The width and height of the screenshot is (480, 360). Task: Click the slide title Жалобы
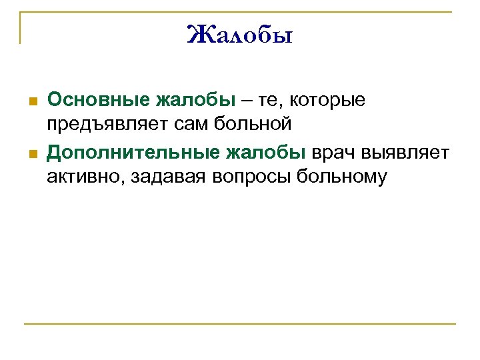click(x=240, y=33)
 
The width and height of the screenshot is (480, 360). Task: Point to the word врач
click(x=335, y=153)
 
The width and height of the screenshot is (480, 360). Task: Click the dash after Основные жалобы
click(x=245, y=101)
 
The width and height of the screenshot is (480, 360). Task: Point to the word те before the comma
click(x=264, y=101)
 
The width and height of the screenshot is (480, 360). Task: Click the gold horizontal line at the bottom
click(x=240, y=325)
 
